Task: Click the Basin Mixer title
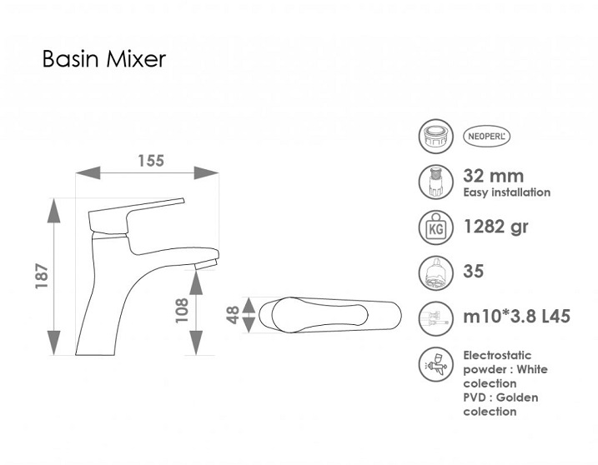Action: click(x=104, y=59)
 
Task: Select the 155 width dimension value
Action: click(x=151, y=161)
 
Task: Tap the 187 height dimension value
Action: click(x=42, y=276)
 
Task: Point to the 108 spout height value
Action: click(x=182, y=311)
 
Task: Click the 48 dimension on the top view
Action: click(x=233, y=315)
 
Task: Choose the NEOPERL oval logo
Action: click(x=486, y=136)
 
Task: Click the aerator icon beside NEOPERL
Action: click(x=436, y=136)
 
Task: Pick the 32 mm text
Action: click(x=494, y=176)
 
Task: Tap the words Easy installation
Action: click(x=507, y=192)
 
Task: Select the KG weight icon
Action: click(x=436, y=227)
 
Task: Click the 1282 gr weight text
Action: click(x=495, y=227)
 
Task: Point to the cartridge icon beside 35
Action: click(x=436, y=272)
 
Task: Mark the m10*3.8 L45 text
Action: click(x=517, y=317)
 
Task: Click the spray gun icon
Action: click(x=436, y=364)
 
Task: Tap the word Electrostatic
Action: click(x=497, y=355)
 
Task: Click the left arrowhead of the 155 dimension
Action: click(x=88, y=172)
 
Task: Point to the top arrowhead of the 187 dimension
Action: click(x=53, y=210)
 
